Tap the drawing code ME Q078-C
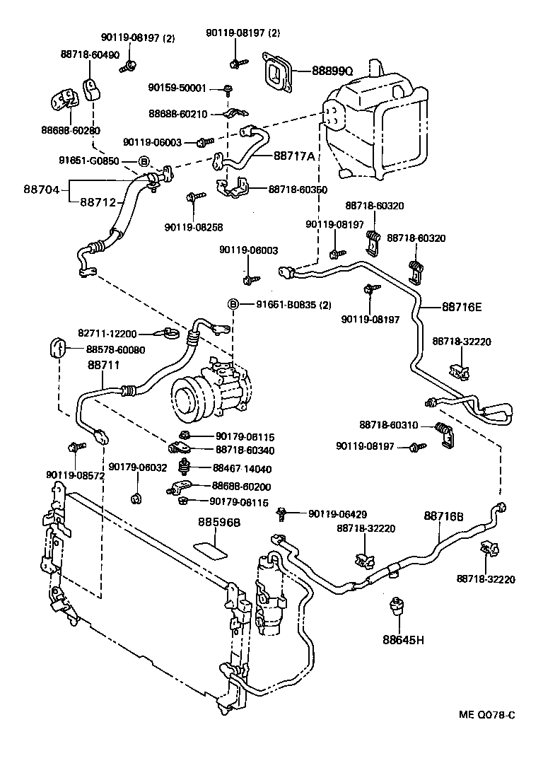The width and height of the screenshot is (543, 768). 485,714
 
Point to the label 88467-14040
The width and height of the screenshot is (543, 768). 242,468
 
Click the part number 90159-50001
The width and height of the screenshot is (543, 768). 177,88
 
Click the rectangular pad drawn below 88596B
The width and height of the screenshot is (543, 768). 211,549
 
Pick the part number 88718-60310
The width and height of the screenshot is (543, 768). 388,425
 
